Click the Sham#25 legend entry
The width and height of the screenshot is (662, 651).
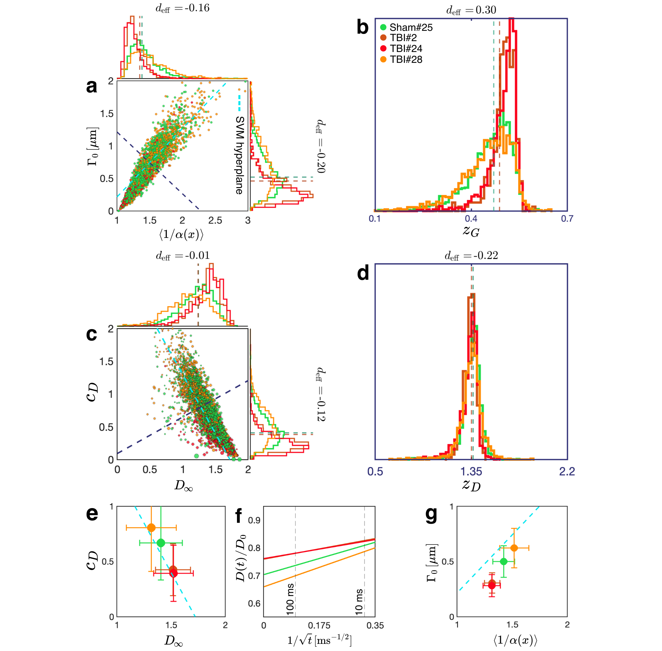click(406, 27)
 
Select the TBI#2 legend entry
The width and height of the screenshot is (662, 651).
click(399, 38)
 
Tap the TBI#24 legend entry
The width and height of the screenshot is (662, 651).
click(401, 49)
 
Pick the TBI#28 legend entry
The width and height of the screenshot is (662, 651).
click(401, 59)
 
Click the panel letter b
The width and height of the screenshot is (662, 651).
click(362, 27)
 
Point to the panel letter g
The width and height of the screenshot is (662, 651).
click(431, 514)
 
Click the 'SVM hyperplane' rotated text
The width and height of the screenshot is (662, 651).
click(240, 155)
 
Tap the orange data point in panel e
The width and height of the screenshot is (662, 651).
click(151, 528)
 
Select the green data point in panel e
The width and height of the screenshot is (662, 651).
click(161, 543)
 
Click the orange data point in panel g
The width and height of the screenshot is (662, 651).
click(514, 548)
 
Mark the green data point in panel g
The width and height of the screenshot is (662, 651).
click(503, 561)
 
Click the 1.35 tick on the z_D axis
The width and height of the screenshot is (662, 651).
click(471, 472)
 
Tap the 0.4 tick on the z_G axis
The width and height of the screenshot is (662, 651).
click(471, 219)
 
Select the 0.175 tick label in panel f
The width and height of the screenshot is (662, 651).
click(319, 626)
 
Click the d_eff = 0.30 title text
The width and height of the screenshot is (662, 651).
click(471, 10)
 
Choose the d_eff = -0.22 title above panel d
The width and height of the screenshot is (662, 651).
click(471, 255)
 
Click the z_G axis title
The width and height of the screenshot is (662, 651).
click(471, 231)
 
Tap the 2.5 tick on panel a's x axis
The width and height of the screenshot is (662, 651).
click(215, 220)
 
